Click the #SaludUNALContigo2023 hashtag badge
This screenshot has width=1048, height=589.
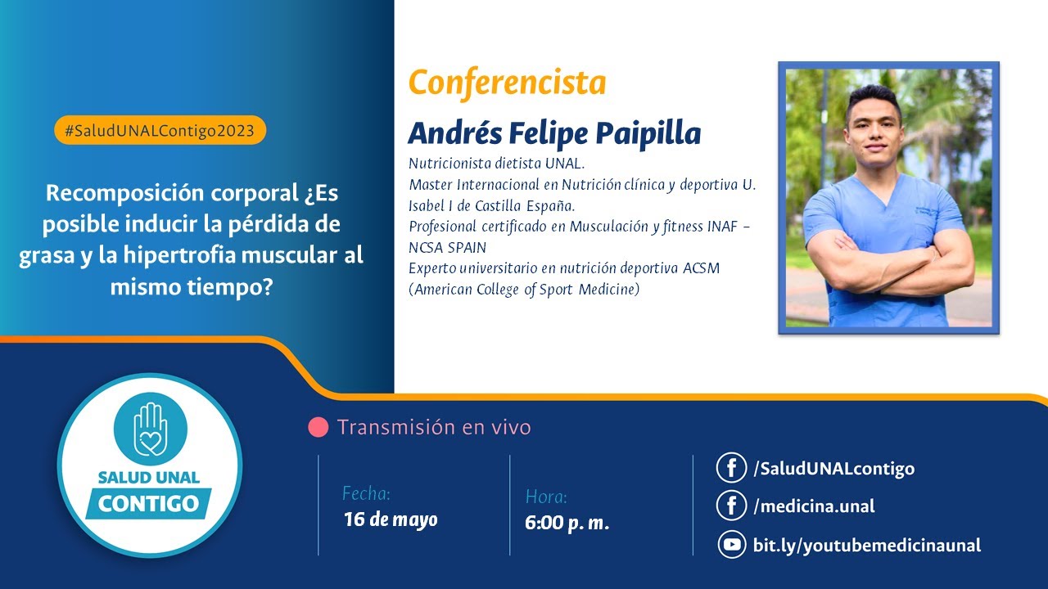[x=160, y=130]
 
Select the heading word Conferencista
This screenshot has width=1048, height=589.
[x=507, y=83]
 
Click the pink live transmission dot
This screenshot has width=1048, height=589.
[x=318, y=427]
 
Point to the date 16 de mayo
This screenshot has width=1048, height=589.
[x=391, y=519]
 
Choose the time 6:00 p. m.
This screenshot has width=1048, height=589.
[x=567, y=523]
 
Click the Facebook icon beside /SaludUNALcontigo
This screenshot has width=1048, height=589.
[x=730, y=469]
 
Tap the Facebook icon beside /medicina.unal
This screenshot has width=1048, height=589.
[x=730, y=506]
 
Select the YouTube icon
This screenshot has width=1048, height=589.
[x=730, y=545]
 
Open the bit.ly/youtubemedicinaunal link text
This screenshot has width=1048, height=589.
[x=866, y=546]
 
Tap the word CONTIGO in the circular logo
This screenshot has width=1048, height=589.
[x=148, y=503]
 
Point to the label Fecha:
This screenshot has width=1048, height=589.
[x=366, y=493]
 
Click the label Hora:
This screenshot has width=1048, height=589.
[x=546, y=497]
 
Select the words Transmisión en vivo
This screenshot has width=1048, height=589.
[x=434, y=427]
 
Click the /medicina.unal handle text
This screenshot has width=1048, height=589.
[x=814, y=506]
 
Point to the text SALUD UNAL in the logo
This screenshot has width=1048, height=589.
[x=148, y=476]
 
